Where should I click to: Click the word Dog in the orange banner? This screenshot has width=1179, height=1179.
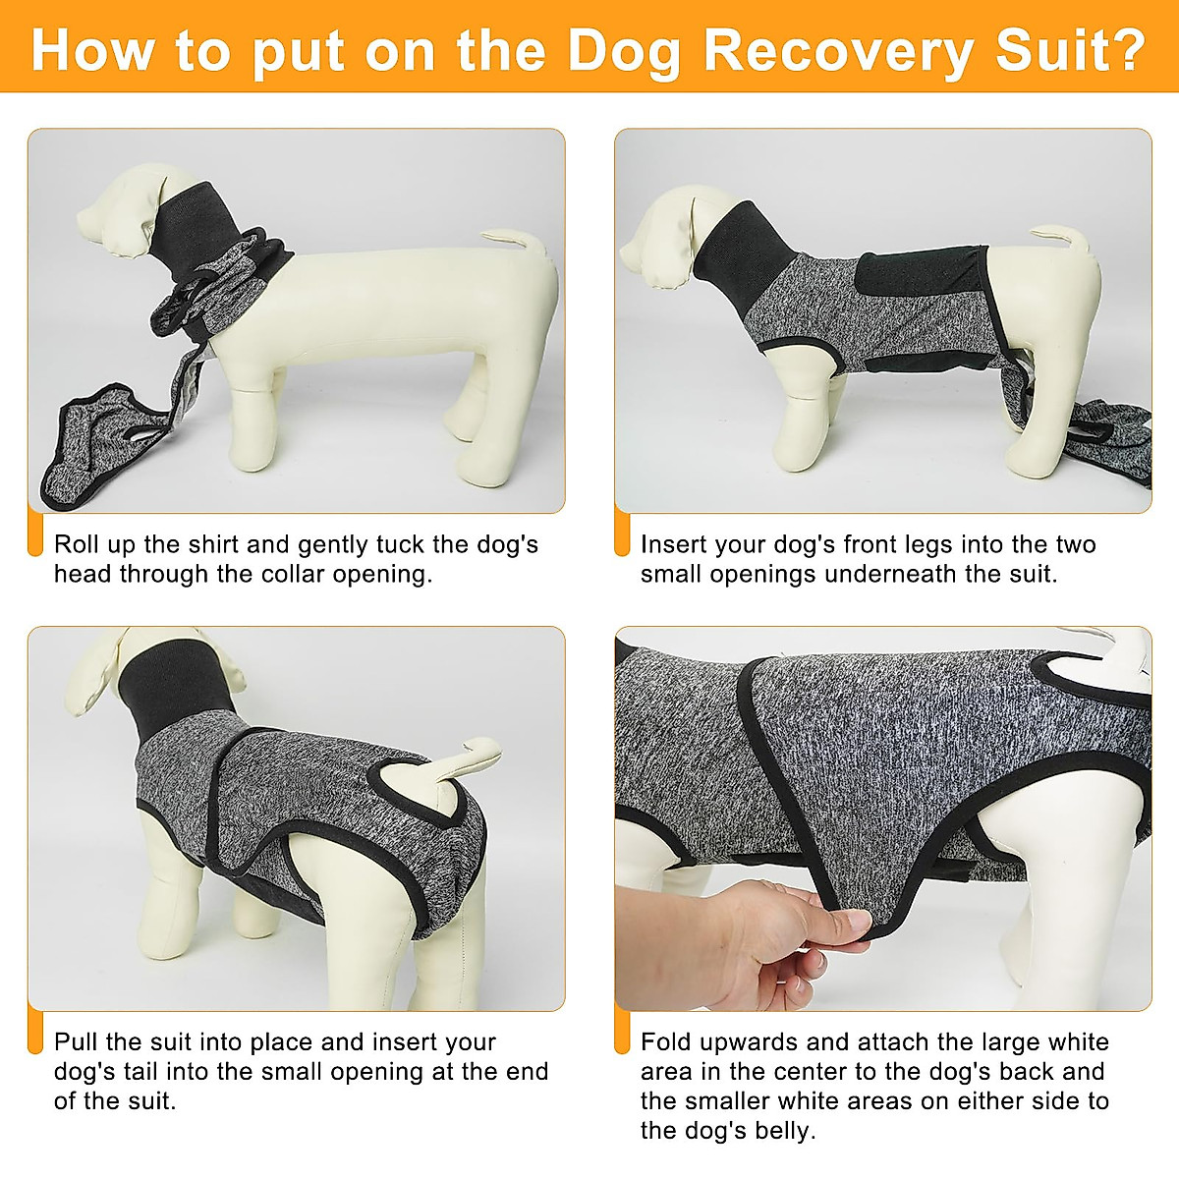pos(624,51)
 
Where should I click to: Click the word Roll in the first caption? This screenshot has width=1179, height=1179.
pos(76,544)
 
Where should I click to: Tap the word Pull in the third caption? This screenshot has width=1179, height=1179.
pos(76,1041)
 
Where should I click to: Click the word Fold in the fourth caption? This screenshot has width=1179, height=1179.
pos(666,1041)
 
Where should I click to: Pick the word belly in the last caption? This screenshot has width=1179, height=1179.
pos(786,1130)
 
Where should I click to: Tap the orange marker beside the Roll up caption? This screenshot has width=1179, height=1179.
pos(35,535)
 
